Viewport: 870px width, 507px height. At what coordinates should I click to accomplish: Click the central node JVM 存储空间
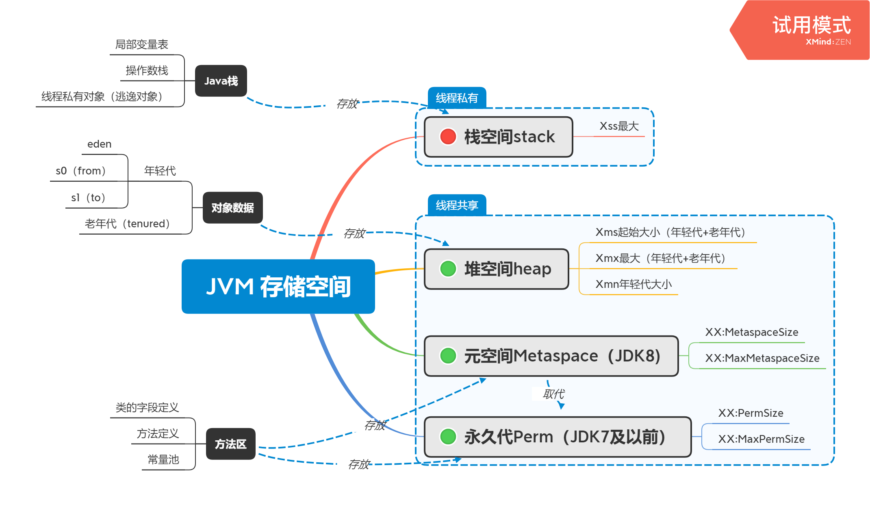278,286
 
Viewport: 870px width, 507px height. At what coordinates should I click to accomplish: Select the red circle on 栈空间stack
448,137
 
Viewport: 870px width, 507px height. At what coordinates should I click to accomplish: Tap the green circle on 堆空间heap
448,268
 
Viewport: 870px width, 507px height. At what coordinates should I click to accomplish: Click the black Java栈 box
221,81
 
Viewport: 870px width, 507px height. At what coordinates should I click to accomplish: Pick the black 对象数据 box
232,208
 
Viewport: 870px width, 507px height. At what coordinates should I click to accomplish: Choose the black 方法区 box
231,444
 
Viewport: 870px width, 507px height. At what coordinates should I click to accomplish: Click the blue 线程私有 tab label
457,98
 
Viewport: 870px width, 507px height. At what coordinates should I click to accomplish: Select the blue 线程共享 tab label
457,205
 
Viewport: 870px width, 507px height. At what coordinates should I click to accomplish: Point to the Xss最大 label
619,126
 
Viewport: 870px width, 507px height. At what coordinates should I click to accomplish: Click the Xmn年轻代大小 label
634,284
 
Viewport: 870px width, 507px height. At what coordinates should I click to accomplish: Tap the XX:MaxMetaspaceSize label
762,358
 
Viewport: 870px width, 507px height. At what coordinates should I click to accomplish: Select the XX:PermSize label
751,413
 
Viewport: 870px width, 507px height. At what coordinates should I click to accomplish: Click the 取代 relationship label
554,394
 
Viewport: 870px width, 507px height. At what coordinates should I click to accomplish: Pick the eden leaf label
100,144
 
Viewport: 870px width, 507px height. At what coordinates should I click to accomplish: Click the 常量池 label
163,459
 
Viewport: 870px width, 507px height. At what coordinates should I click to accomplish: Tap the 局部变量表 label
142,44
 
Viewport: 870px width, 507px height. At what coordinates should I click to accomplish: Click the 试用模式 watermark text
811,25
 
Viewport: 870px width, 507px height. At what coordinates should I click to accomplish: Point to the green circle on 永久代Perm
448,437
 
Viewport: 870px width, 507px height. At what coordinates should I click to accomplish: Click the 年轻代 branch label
160,171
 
